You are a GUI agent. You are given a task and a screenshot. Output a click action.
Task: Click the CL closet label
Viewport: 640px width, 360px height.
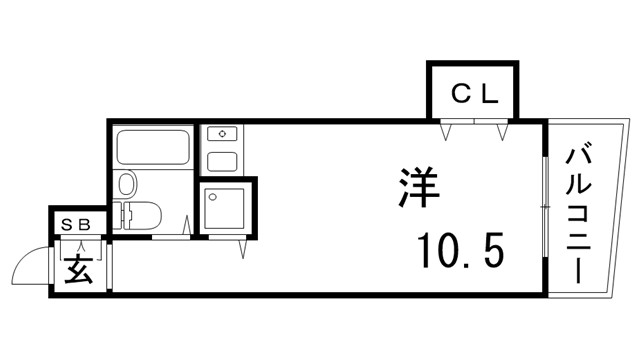point(473,96)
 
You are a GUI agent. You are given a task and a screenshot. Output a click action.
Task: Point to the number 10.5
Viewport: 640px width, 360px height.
point(460,250)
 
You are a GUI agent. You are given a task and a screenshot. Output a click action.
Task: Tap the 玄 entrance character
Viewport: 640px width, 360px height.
point(79,267)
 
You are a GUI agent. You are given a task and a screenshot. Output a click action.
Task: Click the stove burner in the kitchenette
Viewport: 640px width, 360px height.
point(221,134)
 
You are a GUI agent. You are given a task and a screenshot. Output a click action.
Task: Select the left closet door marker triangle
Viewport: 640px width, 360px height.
point(450,130)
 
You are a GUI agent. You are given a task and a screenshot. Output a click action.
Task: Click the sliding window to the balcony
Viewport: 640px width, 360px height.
point(544,206)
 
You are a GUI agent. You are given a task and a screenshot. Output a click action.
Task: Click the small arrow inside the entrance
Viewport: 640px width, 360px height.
point(80,244)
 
